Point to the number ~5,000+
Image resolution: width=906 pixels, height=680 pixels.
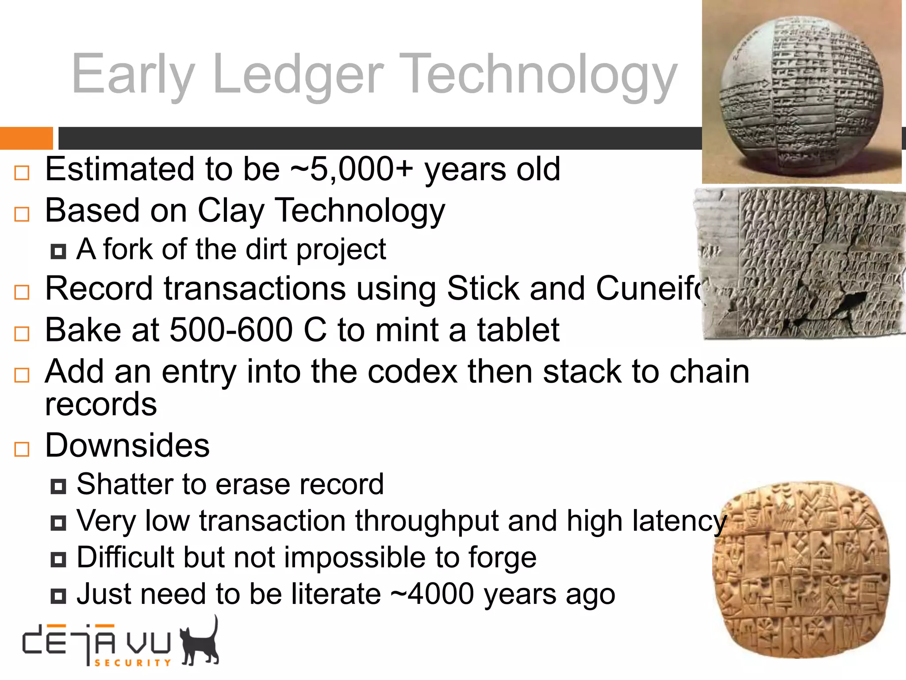click(x=352, y=170)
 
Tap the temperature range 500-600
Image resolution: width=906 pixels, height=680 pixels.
click(x=231, y=330)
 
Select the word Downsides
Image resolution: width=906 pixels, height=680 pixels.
click(x=127, y=445)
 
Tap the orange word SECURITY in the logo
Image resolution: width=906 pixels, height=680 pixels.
click(x=133, y=663)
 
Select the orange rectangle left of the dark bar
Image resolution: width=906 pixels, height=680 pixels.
click(x=26, y=138)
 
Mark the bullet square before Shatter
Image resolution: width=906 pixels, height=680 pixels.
click(x=58, y=487)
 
